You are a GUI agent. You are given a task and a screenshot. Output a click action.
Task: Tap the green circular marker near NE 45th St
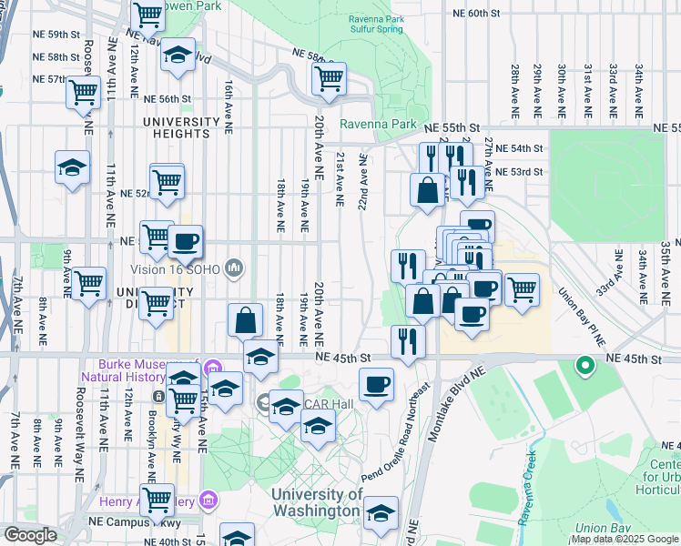(x=584, y=366)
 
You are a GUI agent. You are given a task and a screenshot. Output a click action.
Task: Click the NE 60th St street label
(x=477, y=14)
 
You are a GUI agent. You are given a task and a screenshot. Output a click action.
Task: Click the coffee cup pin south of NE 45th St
(x=376, y=383)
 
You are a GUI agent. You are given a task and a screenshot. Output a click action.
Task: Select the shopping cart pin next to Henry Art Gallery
(x=158, y=499)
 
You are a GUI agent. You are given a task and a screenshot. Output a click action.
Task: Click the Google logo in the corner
(x=30, y=535)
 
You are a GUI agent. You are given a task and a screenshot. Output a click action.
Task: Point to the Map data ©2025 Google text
(x=624, y=539)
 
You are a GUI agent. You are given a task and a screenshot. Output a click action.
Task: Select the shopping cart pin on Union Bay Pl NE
(x=521, y=289)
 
